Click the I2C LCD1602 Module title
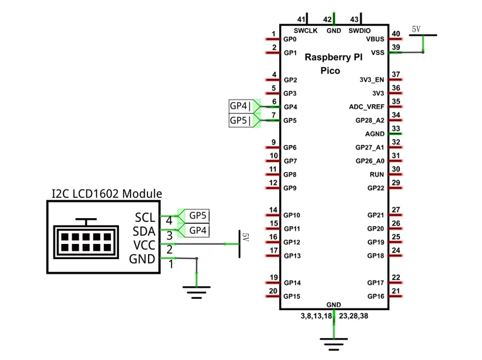pos(106,194)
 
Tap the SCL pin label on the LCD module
pos(145,218)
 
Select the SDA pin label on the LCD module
pos(144,231)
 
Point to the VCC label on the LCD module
pos(144,245)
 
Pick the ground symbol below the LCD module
pos(197,293)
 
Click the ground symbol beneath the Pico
pos(334,344)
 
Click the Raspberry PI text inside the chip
pos(333,57)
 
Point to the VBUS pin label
pos(375,39)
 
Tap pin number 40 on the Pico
pos(396,33)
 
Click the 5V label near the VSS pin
pos(416,29)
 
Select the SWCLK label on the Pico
pos(306,31)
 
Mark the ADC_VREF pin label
pos(367,107)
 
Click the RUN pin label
pos(377,175)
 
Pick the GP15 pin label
pos(292,296)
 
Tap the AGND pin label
pos(375,134)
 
